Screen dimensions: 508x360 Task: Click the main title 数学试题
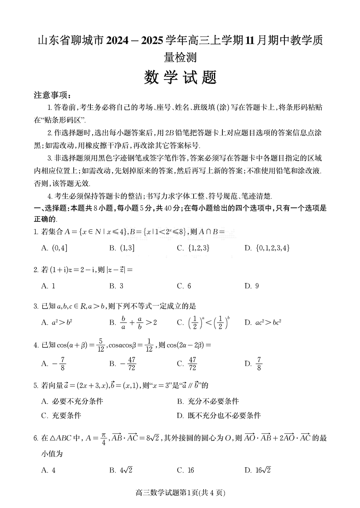coord(180,78)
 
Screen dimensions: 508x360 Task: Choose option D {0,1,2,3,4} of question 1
coord(267,248)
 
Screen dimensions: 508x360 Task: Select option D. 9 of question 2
coord(252,286)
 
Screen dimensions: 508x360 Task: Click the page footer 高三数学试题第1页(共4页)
coord(180,493)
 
